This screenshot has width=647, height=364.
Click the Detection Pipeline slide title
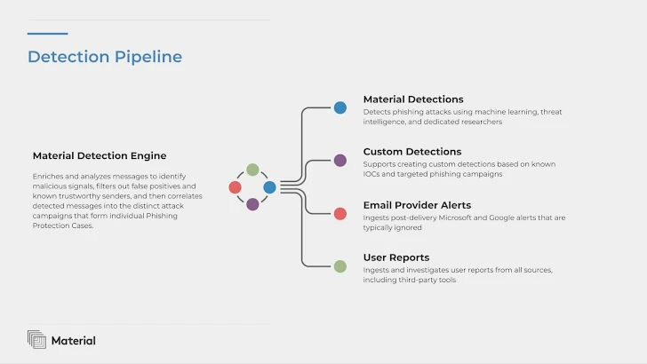coord(105,57)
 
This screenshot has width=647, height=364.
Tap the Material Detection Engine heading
coord(100,156)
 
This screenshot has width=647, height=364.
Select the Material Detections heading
coord(413,99)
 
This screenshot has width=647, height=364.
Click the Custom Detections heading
coord(412,152)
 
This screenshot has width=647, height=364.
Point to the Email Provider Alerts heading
coord(417,205)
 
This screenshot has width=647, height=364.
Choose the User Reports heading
coord(396,257)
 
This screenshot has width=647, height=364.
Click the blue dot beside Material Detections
coord(340,107)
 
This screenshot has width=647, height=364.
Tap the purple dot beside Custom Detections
coord(340,161)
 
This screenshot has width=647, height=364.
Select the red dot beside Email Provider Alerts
coord(340,214)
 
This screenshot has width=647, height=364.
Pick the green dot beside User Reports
coord(340,266)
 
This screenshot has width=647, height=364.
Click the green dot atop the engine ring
coord(252,170)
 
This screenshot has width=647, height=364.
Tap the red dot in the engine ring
coord(235,187)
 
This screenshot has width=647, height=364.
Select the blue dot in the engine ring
coord(269,187)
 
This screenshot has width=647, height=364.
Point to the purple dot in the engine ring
coord(252,204)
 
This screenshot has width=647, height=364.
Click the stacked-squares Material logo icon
coord(36,339)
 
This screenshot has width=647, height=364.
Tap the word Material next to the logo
coord(74,341)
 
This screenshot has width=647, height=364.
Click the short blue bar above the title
coord(47,34)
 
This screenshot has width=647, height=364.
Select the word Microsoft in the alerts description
coord(455,218)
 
